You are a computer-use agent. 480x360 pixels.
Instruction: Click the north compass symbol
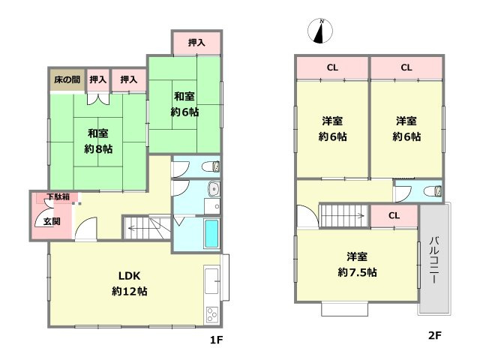pos(321,31)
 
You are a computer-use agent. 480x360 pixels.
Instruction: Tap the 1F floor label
pos(217,339)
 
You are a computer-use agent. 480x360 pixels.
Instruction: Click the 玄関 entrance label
pos(52,221)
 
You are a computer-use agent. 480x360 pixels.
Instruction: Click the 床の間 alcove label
pos(67,79)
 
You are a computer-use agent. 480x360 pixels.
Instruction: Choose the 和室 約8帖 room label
pos(97,141)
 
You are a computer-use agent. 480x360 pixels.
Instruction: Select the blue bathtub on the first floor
pos(212,235)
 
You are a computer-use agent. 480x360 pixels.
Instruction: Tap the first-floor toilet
pos(213,166)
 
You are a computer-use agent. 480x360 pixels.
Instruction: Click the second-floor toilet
pos(433,192)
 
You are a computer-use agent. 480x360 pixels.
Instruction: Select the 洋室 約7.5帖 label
pos(356,264)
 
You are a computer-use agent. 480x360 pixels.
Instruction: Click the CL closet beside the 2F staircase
pos(394,216)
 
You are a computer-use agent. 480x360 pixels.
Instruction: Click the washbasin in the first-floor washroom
pos(212,189)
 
